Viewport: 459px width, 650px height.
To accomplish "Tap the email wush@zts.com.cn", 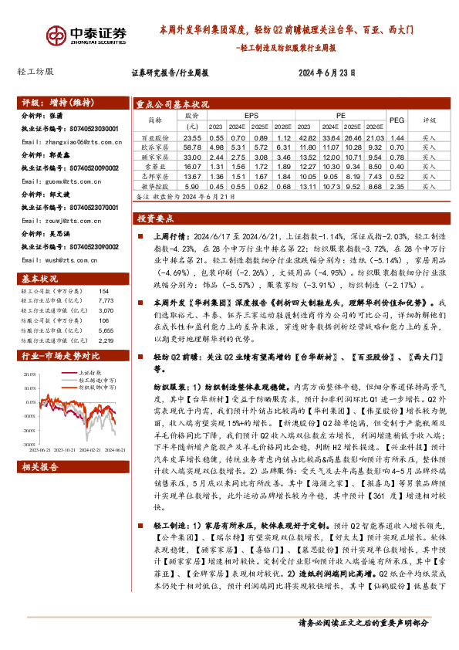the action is click(x=62, y=261).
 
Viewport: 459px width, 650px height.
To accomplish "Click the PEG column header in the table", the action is click(x=397, y=120).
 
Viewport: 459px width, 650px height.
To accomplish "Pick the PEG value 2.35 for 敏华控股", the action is click(x=397, y=186).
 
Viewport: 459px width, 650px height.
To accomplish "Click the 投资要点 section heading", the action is click(x=160, y=219).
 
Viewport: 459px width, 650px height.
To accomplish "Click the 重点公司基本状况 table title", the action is click(x=173, y=103).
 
